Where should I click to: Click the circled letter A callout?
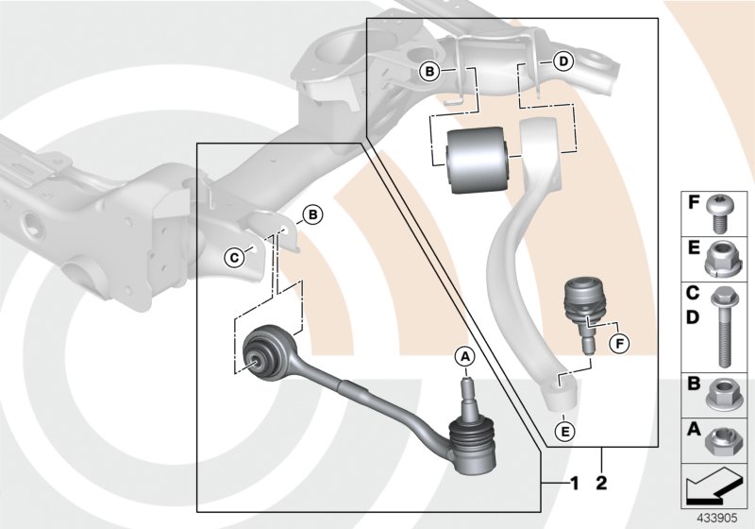click(463, 356)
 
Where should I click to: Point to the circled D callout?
click(562, 62)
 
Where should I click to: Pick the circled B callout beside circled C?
click(312, 215)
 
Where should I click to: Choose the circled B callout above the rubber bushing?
click(429, 71)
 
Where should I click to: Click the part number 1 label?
click(574, 484)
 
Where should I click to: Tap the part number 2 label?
click(601, 484)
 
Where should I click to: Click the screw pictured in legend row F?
click(722, 213)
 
